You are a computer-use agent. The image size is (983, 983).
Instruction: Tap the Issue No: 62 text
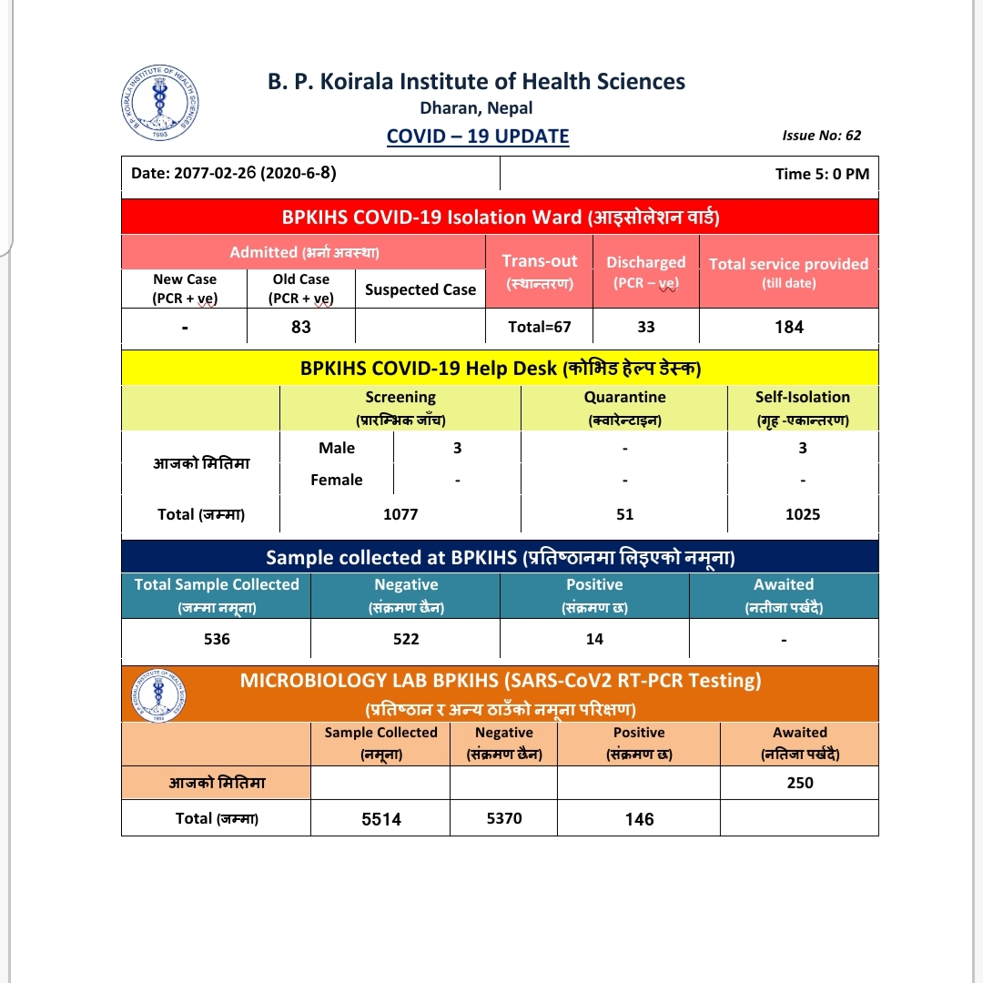click(x=821, y=136)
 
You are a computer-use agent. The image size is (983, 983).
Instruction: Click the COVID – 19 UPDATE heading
click(x=478, y=137)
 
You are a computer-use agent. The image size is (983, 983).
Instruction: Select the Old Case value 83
click(x=301, y=327)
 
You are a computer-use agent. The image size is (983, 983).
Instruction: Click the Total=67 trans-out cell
click(x=540, y=327)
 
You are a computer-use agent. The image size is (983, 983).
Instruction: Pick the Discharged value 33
click(x=646, y=327)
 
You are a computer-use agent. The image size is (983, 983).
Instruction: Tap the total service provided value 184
click(x=789, y=327)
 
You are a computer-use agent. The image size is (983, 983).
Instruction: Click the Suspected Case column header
click(x=421, y=289)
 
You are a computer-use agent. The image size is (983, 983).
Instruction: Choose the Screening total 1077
click(x=400, y=514)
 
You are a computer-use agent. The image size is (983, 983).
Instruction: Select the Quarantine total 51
click(x=624, y=514)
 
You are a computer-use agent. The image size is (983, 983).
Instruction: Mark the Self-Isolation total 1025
click(x=803, y=514)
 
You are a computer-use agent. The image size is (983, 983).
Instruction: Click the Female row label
click(x=337, y=480)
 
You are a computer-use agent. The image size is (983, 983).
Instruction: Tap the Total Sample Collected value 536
click(x=217, y=639)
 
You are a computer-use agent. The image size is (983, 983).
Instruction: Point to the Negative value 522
click(x=406, y=639)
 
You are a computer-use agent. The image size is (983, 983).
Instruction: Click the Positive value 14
click(x=594, y=639)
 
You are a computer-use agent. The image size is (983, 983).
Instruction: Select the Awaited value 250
click(x=800, y=783)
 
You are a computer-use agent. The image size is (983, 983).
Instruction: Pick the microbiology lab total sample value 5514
click(x=380, y=819)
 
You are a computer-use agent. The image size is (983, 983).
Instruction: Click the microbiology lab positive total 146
click(x=639, y=819)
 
